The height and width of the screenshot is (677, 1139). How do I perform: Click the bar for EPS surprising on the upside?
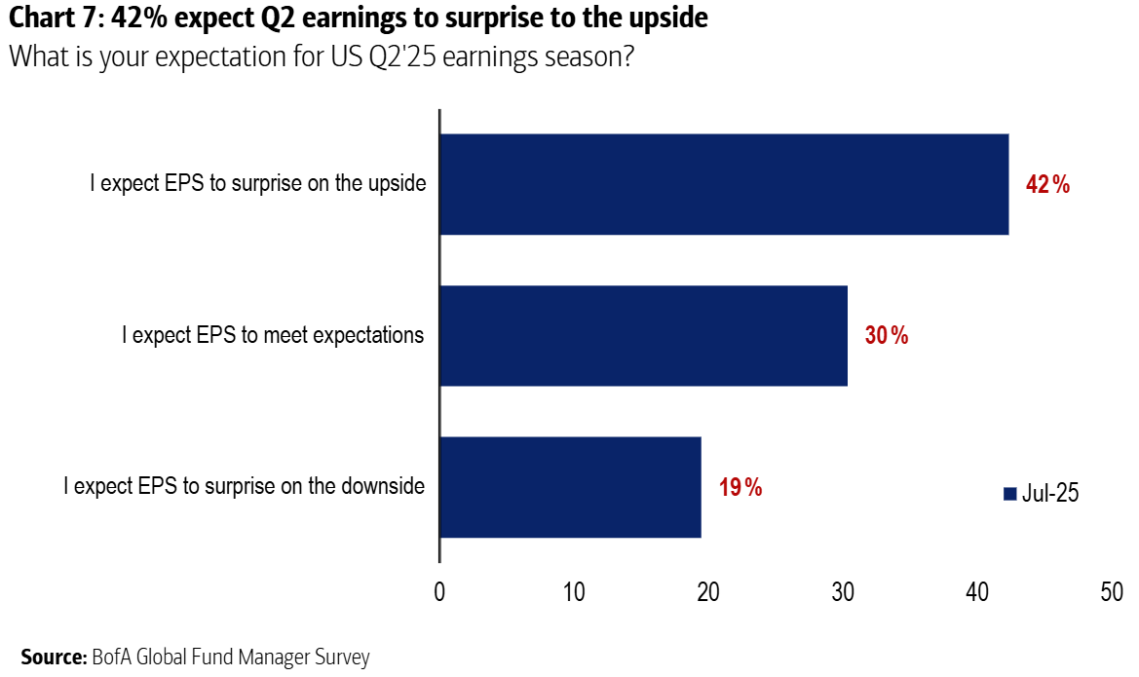tap(724, 184)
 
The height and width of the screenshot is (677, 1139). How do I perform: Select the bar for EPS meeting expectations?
tap(643, 335)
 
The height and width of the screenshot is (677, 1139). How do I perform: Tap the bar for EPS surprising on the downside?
tap(570, 486)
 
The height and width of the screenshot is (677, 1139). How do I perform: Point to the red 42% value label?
tap(1048, 185)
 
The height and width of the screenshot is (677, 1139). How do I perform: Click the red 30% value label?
tap(887, 336)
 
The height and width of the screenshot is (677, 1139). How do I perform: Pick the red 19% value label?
tap(740, 487)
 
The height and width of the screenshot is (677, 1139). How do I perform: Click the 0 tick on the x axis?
tap(439, 591)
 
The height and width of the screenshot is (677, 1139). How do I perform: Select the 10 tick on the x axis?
tap(574, 591)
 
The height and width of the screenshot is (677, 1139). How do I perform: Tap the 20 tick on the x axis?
tap(708, 591)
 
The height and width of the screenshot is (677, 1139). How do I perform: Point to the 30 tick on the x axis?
tap(843, 591)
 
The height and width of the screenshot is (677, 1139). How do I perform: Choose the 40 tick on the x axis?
tap(977, 591)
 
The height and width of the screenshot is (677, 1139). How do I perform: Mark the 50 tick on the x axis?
tap(1112, 591)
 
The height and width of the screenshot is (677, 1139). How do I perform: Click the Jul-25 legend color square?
tap(1009, 494)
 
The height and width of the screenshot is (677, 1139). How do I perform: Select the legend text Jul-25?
tap(1050, 494)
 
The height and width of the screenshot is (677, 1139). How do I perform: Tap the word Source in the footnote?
tap(53, 658)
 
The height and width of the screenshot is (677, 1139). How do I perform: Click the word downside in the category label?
tap(382, 485)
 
